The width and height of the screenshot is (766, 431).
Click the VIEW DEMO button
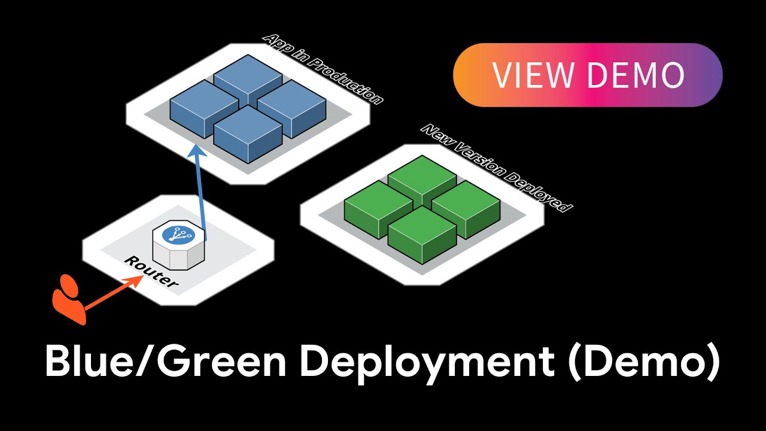pyautogui.click(x=588, y=75)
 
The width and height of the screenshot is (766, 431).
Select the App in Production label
pyautogui.click(x=323, y=69)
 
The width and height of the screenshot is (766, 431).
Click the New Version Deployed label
pyautogui.click(x=497, y=168)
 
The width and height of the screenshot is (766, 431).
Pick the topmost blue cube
pyautogui.click(x=248, y=78)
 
